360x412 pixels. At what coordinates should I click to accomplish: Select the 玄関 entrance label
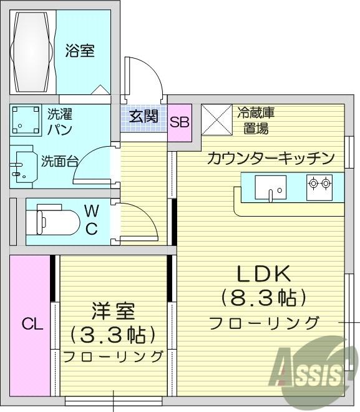144,116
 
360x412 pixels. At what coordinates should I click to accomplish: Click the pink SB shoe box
180,122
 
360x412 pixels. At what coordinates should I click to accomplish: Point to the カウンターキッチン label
271,158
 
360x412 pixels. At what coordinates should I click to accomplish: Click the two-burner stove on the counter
318,184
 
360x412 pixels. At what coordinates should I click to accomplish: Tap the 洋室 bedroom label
113,311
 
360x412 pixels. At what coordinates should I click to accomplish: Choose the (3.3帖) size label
112,334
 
